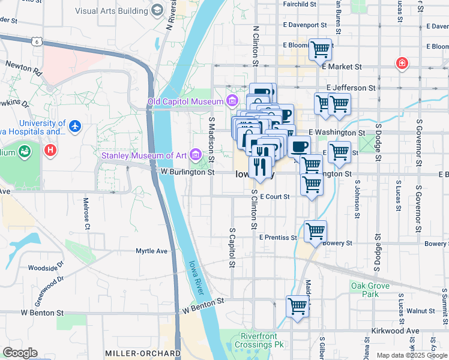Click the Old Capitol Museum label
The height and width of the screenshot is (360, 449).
[x=185, y=101]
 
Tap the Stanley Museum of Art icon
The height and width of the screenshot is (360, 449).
[x=194, y=155]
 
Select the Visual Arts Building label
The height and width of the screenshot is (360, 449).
[x=112, y=11]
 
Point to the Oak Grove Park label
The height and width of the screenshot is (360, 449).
[x=365, y=290]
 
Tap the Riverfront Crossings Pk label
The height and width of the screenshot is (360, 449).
[x=262, y=340]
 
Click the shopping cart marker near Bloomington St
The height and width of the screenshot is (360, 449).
[x=320, y=50]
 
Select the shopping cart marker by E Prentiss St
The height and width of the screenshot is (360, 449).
[x=315, y=232]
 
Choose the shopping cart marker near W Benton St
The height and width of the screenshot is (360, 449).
[x=297, y=307]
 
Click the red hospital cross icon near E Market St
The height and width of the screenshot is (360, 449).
[x=400, y=63]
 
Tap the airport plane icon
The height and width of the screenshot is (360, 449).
[x=74, y=126]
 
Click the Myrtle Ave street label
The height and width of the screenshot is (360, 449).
[x=151, y=251]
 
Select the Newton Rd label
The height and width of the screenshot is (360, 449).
[x=23, y=67]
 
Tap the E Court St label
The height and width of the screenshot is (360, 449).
[x=274, y=196]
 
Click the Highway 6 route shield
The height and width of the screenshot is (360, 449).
[x=37, y=41]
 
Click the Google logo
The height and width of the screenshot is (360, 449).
[x=20, y=353]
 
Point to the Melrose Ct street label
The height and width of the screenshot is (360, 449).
[x=86, y=214]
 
